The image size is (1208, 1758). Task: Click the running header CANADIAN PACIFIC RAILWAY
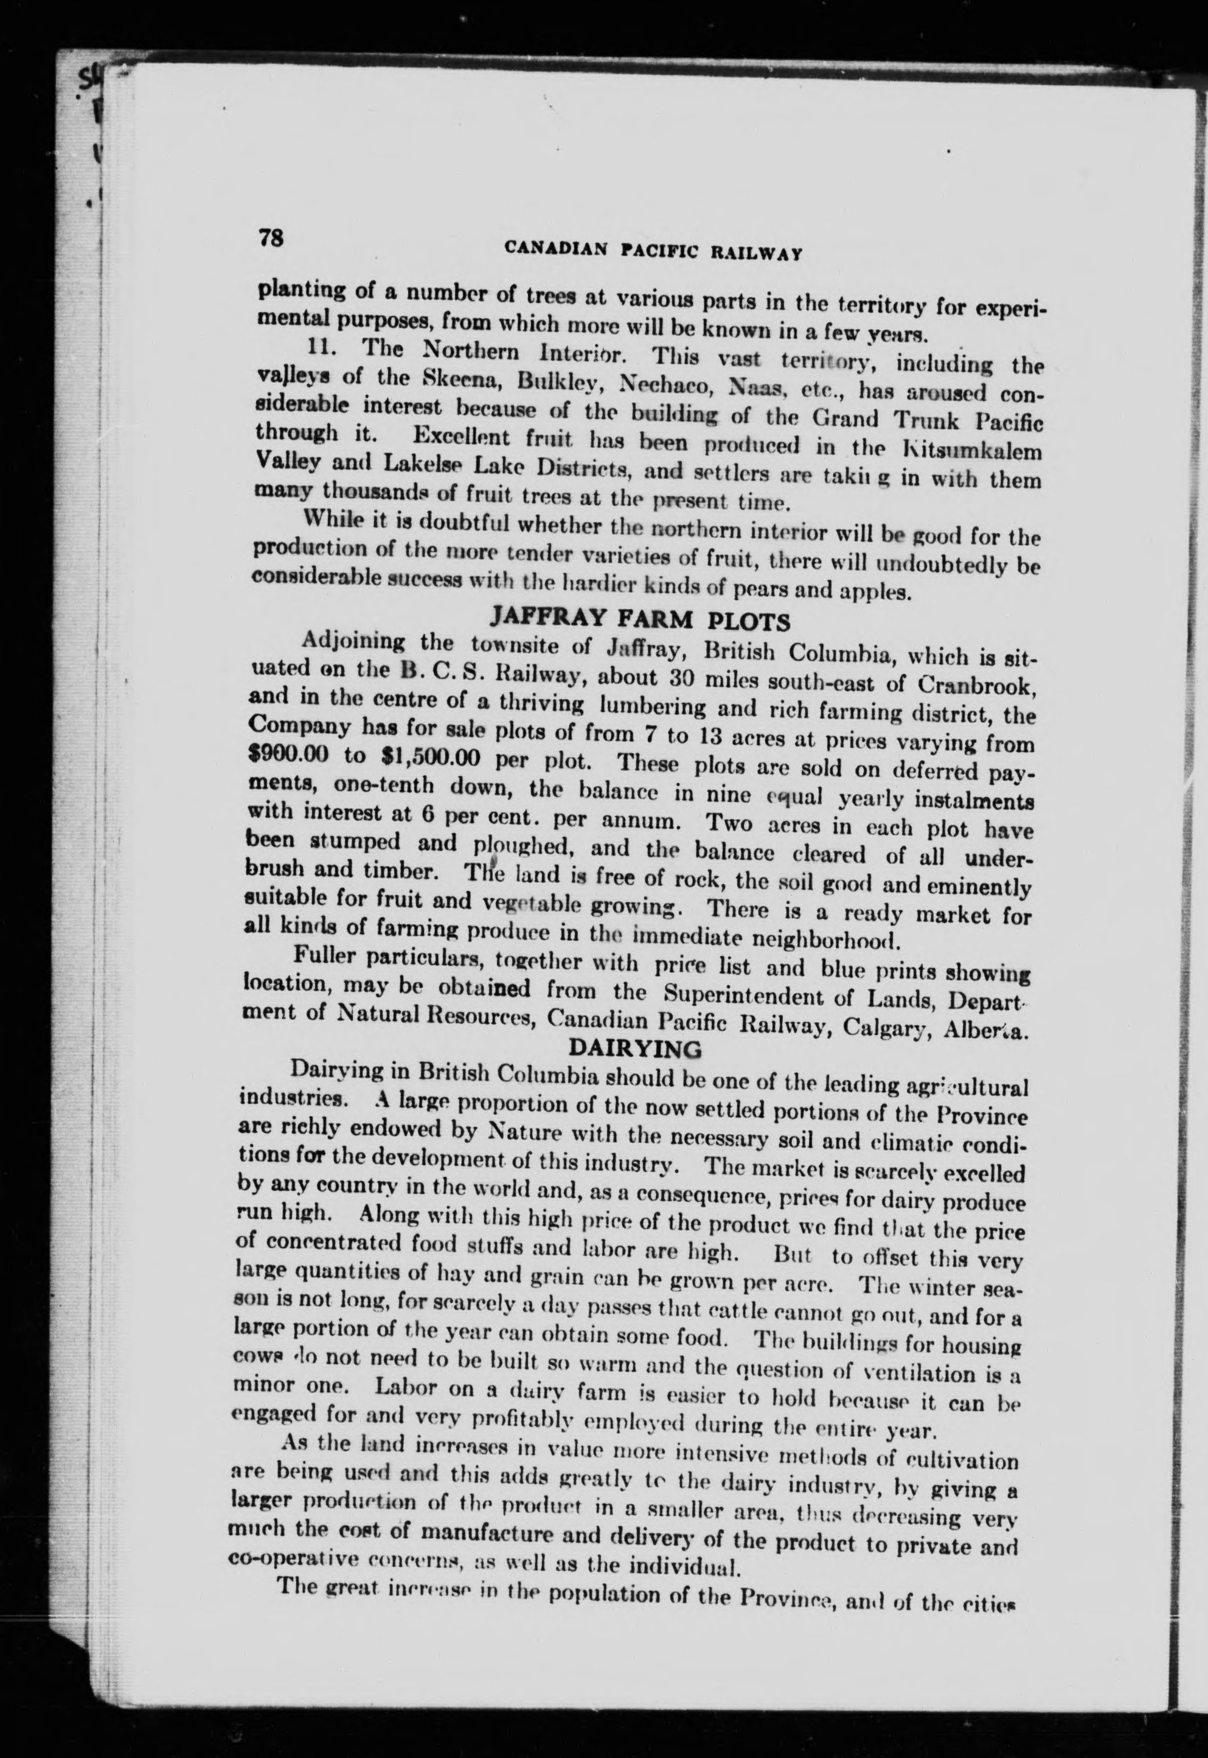tap(653, 250)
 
